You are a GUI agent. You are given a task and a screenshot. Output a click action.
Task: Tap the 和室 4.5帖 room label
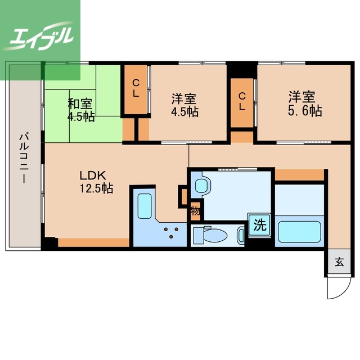[x=81, y=110]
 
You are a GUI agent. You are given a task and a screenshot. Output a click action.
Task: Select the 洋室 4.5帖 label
[x=184, y=104]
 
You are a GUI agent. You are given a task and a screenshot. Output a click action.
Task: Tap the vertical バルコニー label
[x=24, y=155]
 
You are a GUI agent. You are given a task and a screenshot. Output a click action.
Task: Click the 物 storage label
[x=195, y=211]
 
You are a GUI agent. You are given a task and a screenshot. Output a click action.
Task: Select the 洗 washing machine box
[x=259, y=226]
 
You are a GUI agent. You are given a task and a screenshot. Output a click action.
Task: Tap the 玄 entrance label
[x=340, y=262]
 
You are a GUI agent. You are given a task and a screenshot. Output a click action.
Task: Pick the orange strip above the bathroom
[x=299, y=175]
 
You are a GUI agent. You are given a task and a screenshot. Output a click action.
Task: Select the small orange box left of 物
[x=183, y=195]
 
